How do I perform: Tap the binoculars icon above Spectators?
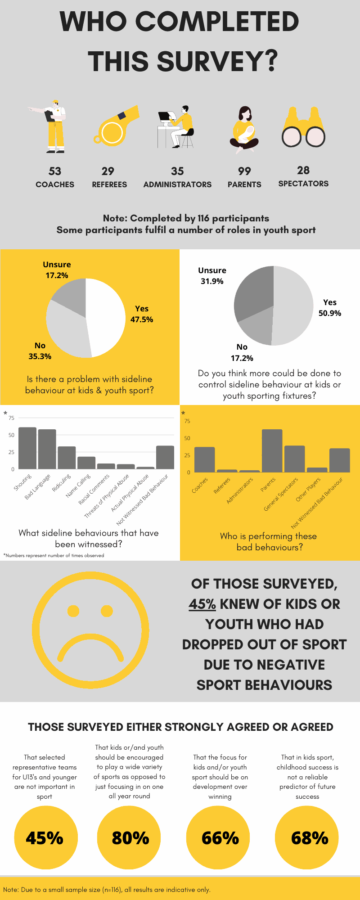point(303,128)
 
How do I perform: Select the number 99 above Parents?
point(244,171)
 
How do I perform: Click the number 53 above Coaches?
point(55,171)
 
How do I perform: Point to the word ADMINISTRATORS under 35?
point(177,184)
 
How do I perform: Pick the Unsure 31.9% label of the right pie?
point(212,276)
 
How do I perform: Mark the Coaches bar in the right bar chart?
point(204,459)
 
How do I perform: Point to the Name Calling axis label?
point(78,486)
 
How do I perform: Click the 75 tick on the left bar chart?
point(11,418)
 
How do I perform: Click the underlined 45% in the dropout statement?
point(202,604)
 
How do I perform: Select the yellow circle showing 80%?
point(130,838)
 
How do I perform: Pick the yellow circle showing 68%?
point(309,838)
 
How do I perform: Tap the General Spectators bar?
point(295,459)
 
